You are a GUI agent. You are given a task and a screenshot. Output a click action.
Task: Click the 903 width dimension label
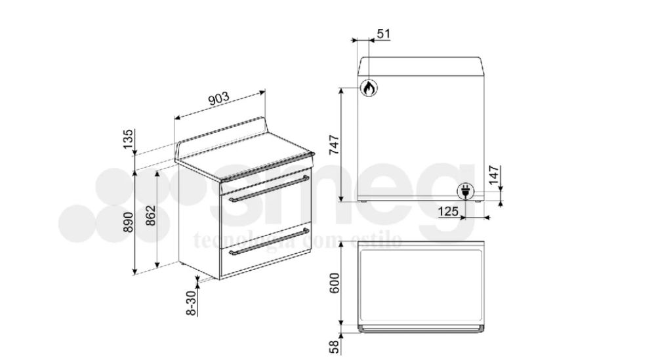click(218, 99)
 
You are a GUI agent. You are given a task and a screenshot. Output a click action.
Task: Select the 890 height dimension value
click(129, 223)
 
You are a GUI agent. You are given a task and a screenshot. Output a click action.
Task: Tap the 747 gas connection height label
click(335, 144)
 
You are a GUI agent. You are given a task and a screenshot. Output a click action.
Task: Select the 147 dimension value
click(495, 174)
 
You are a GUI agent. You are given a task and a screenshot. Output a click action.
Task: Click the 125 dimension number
click(448, 211)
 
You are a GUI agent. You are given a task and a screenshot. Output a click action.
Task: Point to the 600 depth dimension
click(335, 283)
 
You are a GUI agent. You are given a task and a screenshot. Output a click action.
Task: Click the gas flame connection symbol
click(370, 89)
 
